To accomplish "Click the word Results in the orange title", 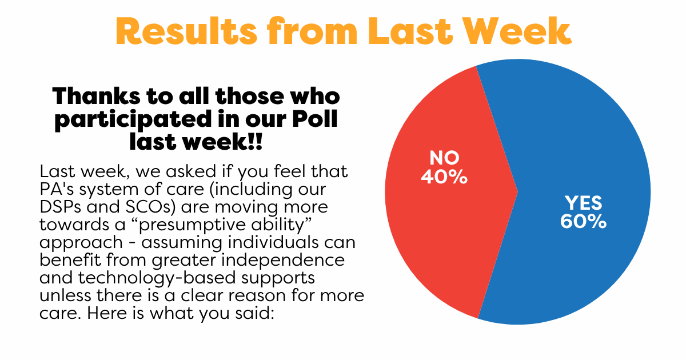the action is (186, 31).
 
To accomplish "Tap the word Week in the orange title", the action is (517, 31).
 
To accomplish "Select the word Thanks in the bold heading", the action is (97, 96).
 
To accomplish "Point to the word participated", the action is (133, 120).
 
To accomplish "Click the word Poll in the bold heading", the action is (315, 118).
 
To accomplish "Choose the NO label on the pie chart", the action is (444, 158).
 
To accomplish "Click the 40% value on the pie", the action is (444, 177).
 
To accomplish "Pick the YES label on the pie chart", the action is (584, 203).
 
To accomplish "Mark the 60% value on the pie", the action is (584, 221).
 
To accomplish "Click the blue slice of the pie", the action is (582, 138).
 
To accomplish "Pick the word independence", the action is (283, 260).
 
